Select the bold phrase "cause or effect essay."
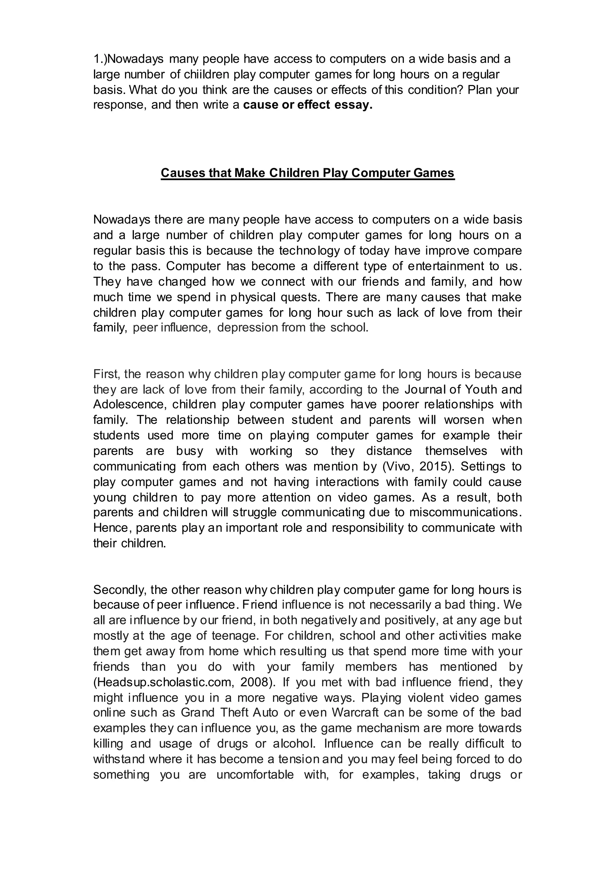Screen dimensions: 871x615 (x=308, y=105)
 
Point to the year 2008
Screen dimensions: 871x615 (x=255, y=682)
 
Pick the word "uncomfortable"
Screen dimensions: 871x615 (x=255, y=775)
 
